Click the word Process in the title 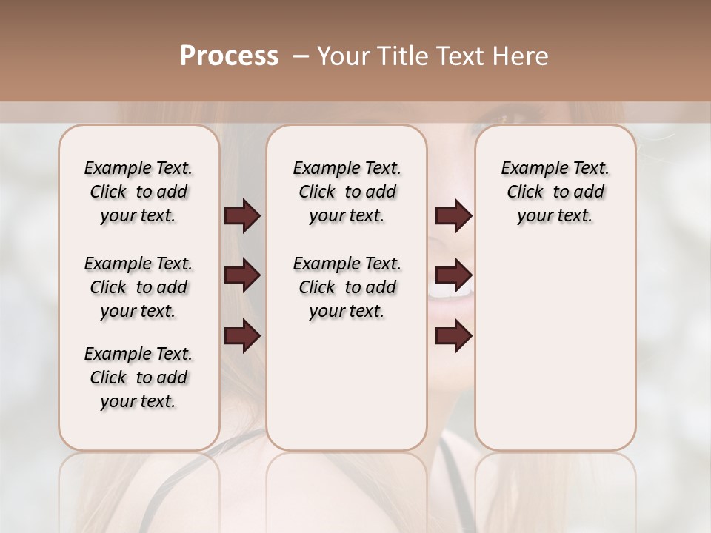[x=229, y=56]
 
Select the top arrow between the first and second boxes [x=242, y=216]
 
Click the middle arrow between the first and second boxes [x=242, y=276]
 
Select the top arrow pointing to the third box [x=453, y=216]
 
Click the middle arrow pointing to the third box [x=453, y=276]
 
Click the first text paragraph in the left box [x=138, y=192]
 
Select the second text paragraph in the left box [x=138, y=287]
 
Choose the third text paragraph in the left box [x=138, y=378]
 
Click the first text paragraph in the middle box [x=347, y=192]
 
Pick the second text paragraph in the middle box [x=347, y=287]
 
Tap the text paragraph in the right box [x=555, y=192]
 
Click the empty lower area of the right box [x=555, y=355]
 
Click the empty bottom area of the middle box [x=347, y=392]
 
